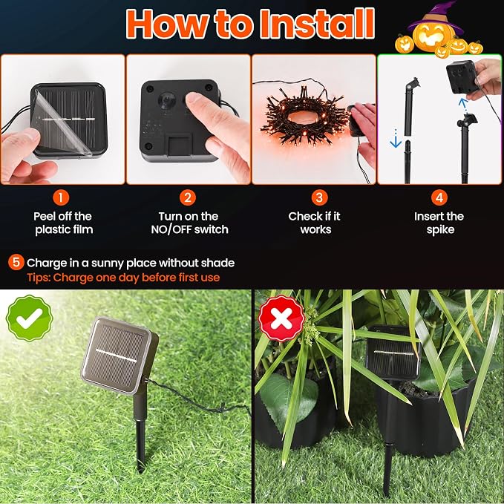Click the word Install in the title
click(x=317, y=24)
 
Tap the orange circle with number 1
click(x=61, y=197)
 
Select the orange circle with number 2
click(x=188, y=197)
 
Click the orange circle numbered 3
click(x=319, y=197)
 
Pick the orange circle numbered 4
click(x=439, y=197)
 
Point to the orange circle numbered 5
click(x=16, y=262)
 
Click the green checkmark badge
click(x=30, y=318)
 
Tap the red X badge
click(x=281, y=318)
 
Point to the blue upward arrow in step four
click(x=463, y=105)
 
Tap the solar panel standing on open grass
click(x=120, y=356)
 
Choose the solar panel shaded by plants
click(x=393, y=353)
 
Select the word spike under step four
click(x=440, y=230)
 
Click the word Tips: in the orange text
click(x=39, y=278)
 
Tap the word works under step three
click(x=315, y=230)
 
